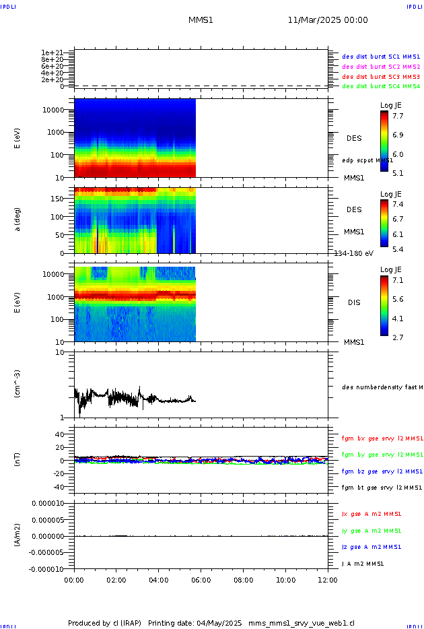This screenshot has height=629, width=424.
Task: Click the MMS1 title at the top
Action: point(201,20)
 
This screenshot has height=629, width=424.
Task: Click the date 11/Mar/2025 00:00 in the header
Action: point(327,20)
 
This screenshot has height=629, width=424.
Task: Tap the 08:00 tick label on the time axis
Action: point(243,580)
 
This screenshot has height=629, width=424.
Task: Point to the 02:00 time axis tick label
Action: point(116,580)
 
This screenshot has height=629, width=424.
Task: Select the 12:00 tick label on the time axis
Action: point(328,580)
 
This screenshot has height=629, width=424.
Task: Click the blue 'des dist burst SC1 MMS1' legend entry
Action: point(380,57)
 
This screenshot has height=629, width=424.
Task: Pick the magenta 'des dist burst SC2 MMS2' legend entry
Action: point(380,67)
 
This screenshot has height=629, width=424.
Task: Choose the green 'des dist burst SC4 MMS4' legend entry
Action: point(380,86)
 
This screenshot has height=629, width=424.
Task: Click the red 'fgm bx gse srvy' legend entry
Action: point(382,438)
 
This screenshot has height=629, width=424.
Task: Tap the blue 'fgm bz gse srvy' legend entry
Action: point(382,471)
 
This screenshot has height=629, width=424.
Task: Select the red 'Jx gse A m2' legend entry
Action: point(372,514)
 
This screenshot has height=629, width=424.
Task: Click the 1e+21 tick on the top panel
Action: point(52,53)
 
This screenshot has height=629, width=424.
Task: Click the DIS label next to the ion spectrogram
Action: point(354,302)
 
